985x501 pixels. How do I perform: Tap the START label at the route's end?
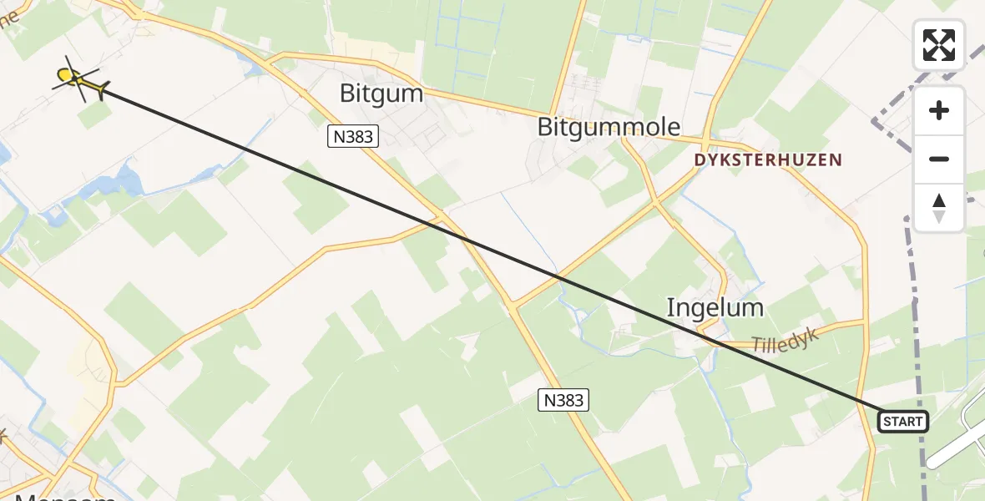pos(902,422)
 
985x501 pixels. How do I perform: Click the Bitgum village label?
pos(381,93)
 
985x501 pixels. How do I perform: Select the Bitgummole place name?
pos(609,127)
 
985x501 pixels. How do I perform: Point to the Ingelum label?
pos(715,307)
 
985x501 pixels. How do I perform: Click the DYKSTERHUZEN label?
pos(767,159)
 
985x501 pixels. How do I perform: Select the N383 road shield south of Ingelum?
pos(563,401)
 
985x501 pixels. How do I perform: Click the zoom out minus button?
pos(939,159)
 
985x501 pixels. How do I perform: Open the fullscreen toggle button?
pos(939,45)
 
